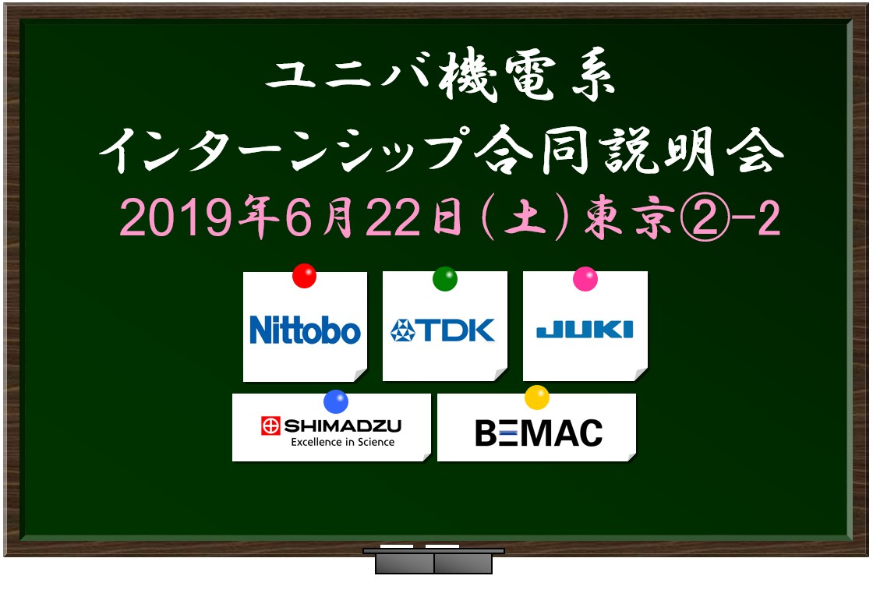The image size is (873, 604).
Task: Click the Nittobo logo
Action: click(305, 330)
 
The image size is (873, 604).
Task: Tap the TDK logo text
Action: click(458, 330)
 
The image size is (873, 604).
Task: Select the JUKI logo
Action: click(585, 330)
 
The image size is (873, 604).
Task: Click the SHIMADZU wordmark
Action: click(342, 426)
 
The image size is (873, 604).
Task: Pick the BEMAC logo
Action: click(539, 433)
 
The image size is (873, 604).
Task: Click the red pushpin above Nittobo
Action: click(305, 276)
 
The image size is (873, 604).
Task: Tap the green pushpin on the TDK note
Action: click(445, 279)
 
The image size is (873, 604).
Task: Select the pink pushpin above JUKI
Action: click(585, 279)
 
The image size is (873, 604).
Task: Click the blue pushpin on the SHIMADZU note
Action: click(336, 401)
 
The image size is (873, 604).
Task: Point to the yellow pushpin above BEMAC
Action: click(537, 397)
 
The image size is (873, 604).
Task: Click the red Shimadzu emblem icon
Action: click(270, 426)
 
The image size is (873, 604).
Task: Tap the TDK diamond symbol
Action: click(403, 330)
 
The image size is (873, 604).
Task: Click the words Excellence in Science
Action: click(342, 442)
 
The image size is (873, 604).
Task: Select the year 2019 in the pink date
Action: click(175, 217)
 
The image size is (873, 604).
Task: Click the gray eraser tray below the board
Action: click(433, 560)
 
